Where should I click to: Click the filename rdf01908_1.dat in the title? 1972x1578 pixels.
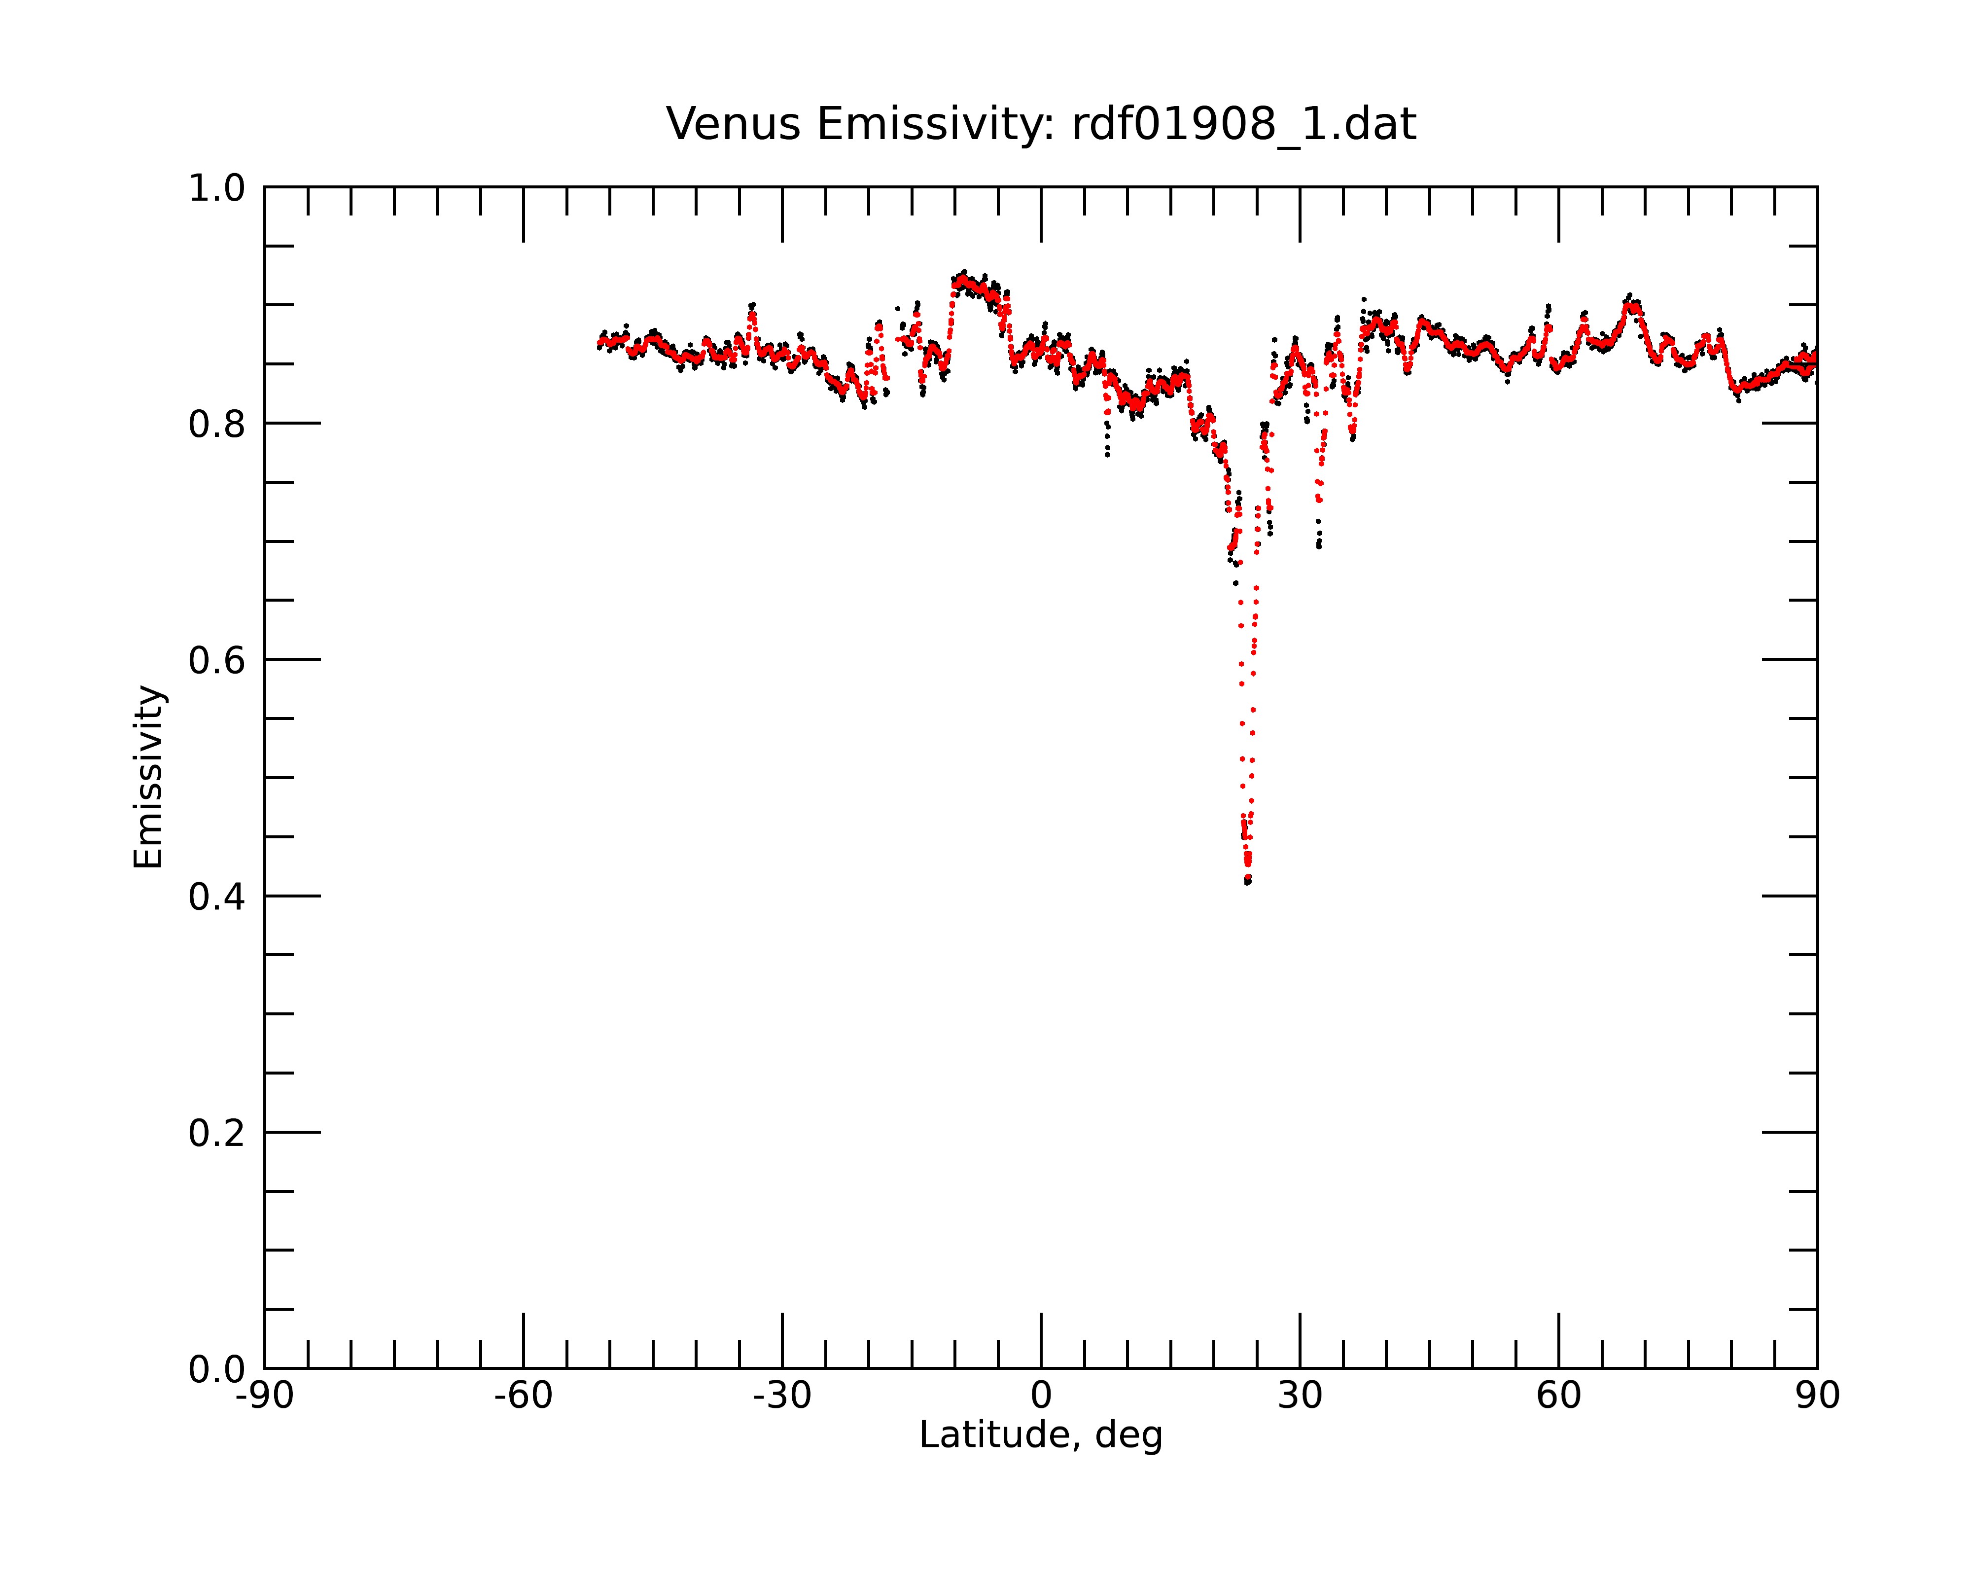[x=1244, y=124]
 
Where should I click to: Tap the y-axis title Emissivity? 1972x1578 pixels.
[x=148, y=777]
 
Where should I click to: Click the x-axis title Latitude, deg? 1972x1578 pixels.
[x=1041, y=1435]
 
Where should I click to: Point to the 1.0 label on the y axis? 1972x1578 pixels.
[x=217, y=188]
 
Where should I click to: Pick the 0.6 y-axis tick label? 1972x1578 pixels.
[x=217, y=660]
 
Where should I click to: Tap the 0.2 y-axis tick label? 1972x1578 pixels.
[x=217, y=1133]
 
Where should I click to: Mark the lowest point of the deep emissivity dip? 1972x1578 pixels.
[x=1248, y=883]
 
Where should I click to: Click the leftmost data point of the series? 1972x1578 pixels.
[x=599, y=347]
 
